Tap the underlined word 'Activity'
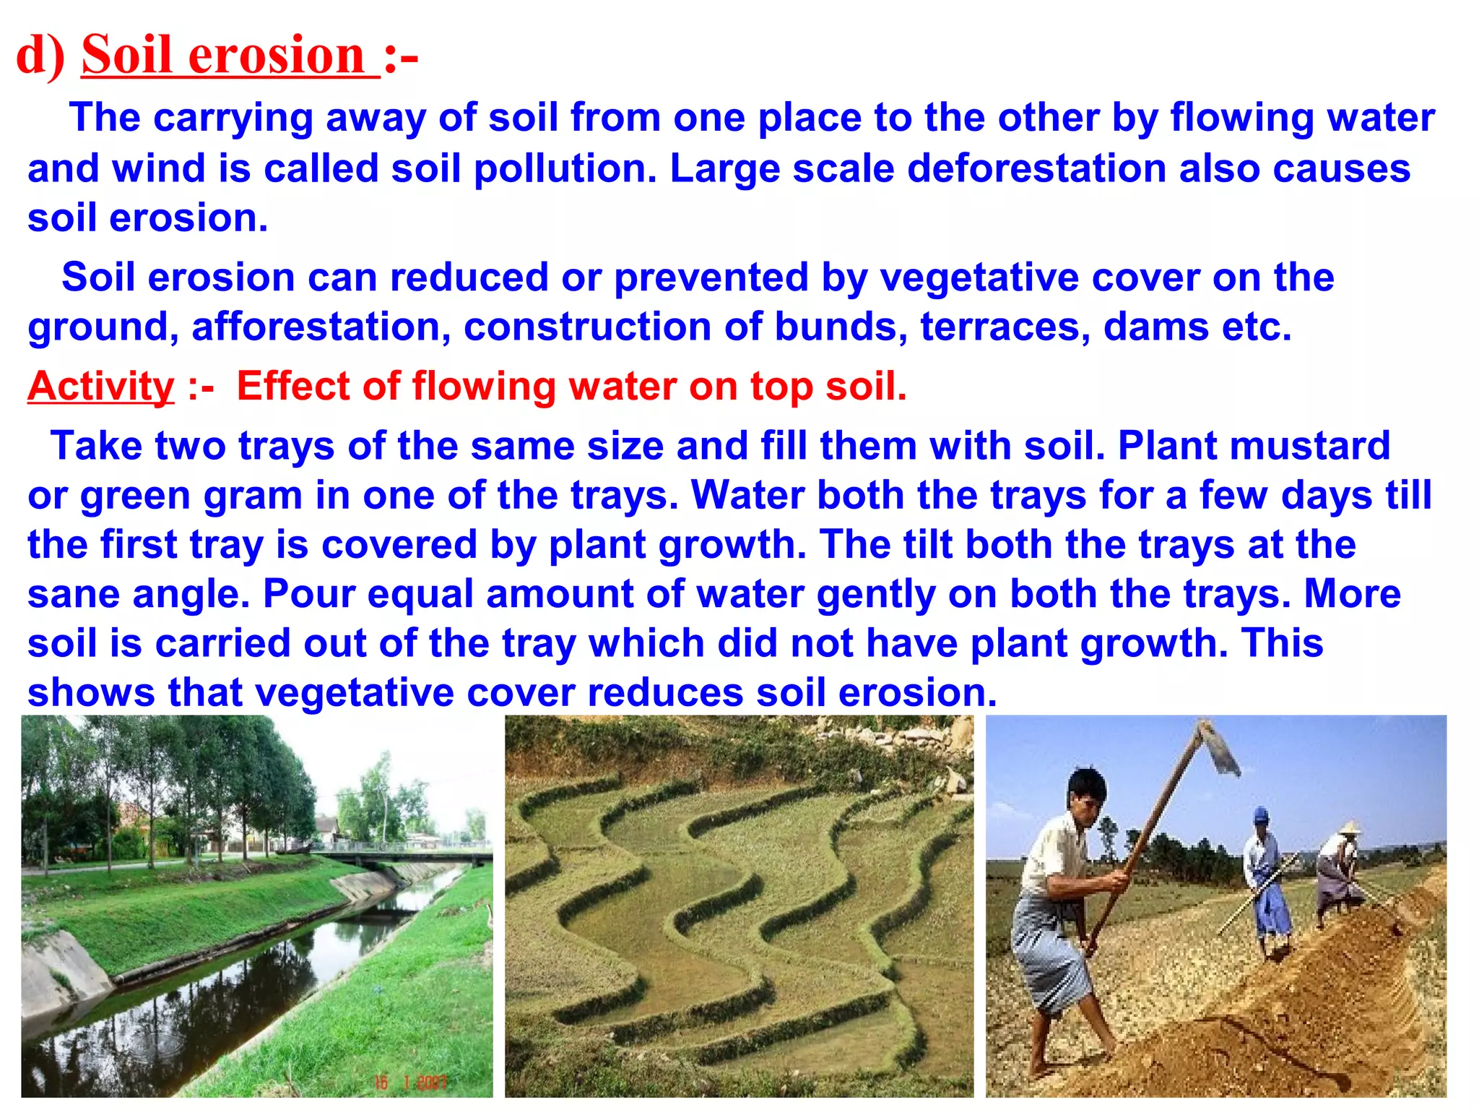101,386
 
